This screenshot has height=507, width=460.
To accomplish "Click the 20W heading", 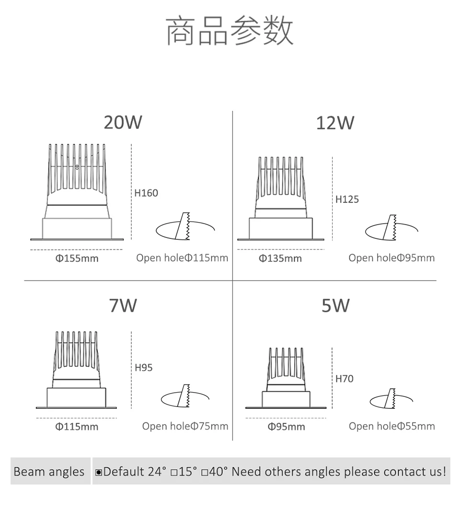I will tap(123, 123).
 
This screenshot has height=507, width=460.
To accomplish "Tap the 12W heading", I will tap(335, 123).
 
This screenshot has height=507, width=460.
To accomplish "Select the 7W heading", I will tap(123, 305).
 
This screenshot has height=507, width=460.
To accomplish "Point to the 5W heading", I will tap(335, 305).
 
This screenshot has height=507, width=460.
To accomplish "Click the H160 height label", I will tap(146, 193).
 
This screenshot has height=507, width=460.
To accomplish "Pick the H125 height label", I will tap(347, 199).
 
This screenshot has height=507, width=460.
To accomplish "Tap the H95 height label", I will tap(144, 368).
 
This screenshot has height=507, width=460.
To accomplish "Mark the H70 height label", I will tap(345, 379).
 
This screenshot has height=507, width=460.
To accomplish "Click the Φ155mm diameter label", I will tap(77, 259).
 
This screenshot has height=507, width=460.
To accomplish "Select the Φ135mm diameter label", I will tap(280, 259).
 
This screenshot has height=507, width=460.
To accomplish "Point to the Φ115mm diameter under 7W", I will tap(77, 427).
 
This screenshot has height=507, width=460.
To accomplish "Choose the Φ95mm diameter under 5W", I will tap(286, 427).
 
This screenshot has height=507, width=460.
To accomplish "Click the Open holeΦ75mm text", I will tap(185, 426).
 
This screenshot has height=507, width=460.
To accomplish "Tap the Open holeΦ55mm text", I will tap(391, 426).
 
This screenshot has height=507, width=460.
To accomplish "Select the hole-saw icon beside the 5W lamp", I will tap(391, 398).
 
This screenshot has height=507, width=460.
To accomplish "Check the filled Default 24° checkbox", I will tap(99, 473).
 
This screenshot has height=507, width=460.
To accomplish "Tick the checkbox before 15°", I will tap(175, 473).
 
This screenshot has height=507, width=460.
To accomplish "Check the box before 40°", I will tap(204, 473).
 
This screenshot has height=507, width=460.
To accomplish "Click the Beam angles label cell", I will tap(49, 472).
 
